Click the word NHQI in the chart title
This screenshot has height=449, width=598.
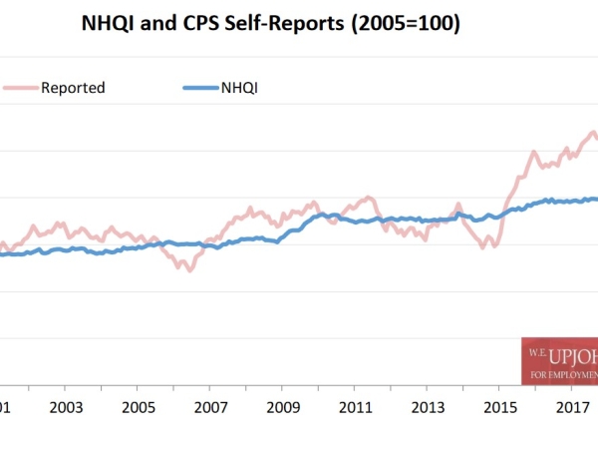click(x=111, y=25)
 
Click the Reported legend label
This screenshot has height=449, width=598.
click(x=73, y=88)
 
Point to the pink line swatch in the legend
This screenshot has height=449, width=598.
click(x=18, y=88)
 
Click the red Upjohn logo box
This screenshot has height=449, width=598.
click(x=560, y=360)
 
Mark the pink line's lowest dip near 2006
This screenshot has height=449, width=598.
click(x=188, y=270)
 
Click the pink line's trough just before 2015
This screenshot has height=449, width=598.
click(x=483, y=246)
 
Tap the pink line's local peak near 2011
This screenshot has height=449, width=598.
click(x=369, y=198)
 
